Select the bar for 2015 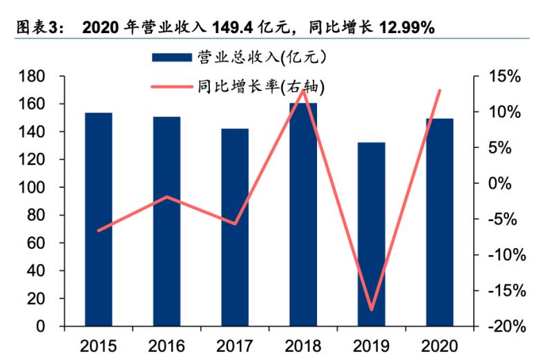(99, 219)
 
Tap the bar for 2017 (235, 227)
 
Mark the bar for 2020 (439, 222)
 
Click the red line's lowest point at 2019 (372, 310)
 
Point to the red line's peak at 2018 (303, 91)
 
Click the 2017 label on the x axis (235, 344)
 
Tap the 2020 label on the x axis (439, 344)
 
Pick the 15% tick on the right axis (502, 76)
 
